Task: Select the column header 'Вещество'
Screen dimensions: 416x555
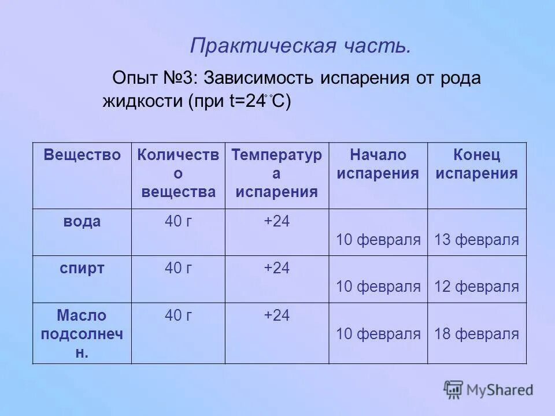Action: tap(82, 155)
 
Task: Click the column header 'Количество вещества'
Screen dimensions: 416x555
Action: tap(178, 173)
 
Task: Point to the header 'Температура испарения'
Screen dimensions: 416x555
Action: tap(276, 173)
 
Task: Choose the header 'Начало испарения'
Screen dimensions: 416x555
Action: tap(378, 164)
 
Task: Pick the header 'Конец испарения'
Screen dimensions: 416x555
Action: tap(477, 164)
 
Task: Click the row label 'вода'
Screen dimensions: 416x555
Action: tap(82, 221)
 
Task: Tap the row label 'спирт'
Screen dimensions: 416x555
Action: tap(82, 268)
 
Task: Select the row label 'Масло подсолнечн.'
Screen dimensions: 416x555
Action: tap(82, 334)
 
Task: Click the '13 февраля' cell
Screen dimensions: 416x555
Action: tap(477, 240)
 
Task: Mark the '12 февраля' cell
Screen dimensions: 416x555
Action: tap(477, 287)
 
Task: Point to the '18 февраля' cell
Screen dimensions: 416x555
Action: tap(477, 334)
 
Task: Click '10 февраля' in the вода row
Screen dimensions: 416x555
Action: tap(378, 240)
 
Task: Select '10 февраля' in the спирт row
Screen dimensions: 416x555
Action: tap(378, 287)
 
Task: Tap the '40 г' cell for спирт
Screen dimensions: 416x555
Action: tap(178, 268)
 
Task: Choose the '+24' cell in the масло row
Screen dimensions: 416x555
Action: tap(276, 315)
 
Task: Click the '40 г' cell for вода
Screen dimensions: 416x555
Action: tap(178, 221)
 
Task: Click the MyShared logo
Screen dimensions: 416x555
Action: tap(489, 389)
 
